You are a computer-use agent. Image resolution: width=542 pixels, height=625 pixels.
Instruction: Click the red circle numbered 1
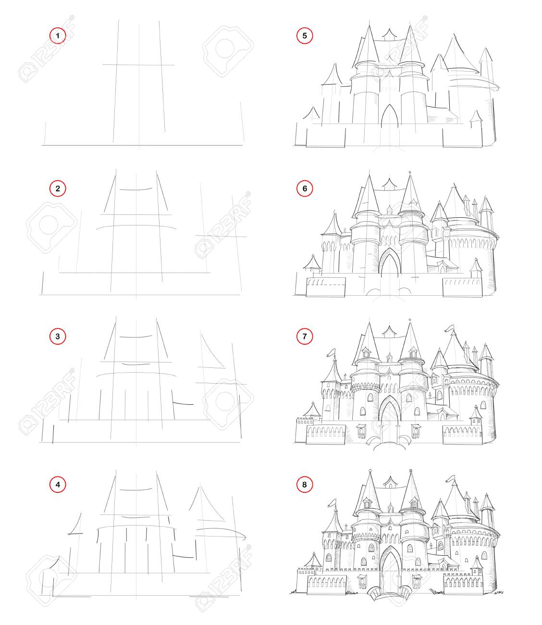coord(58,36)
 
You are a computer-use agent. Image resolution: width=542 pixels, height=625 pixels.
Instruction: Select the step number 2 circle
coord(58,188)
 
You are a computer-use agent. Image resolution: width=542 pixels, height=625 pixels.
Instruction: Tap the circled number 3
coord(58,337)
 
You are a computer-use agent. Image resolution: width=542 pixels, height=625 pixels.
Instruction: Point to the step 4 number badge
coord(58,485)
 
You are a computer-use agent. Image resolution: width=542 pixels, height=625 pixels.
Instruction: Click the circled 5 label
coord(305,36)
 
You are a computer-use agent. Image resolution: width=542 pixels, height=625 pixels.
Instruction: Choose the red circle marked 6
coord(305,188)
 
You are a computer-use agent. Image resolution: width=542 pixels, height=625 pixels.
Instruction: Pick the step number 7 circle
coord(305,337)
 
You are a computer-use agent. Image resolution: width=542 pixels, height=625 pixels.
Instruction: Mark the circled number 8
coord(305,485)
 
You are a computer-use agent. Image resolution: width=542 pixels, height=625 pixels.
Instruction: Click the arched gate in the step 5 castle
coord(390,116)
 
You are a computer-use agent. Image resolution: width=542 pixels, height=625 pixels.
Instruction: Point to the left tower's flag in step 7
coord(331,352)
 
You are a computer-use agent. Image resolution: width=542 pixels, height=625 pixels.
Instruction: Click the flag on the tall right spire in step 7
coord(449,328)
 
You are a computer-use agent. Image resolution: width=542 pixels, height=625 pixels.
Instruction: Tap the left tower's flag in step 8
coord(333,502)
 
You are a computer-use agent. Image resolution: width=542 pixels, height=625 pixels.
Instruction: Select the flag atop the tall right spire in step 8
coord(450,478)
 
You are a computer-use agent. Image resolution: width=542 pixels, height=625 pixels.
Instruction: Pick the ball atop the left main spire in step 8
coord(370,471)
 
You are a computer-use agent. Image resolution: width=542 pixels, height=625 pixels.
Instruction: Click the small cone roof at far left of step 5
coord(311,113)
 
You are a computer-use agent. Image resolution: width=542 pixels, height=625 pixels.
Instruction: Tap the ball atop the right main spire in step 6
coord(410,172)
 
